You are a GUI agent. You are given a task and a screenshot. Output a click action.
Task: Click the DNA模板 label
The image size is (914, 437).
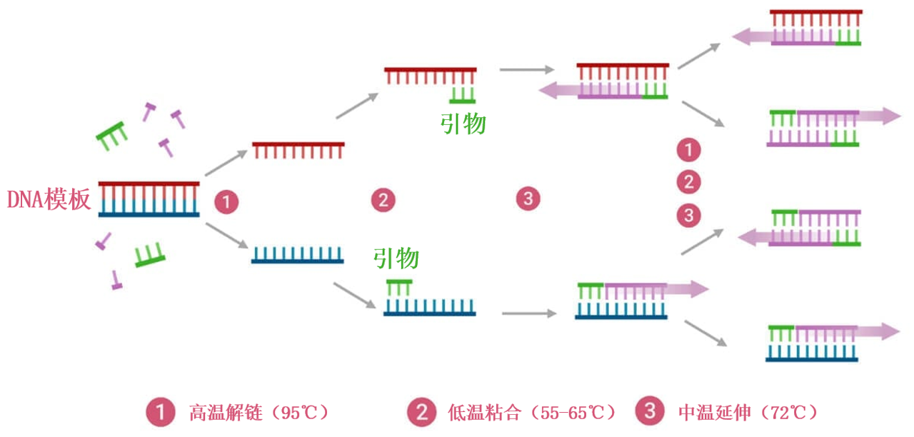coord(49,200)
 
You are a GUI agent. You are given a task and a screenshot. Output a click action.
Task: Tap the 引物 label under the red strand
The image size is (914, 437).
coord(463,124)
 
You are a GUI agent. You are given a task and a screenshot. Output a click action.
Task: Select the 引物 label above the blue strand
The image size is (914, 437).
coord(396,258)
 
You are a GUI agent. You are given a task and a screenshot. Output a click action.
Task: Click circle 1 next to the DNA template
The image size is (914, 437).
coord(226,202)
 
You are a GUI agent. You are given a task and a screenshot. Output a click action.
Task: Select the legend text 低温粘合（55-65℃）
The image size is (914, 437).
coord(531,413)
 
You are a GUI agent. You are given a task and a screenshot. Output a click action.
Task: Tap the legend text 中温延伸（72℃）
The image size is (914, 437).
coord(748,413)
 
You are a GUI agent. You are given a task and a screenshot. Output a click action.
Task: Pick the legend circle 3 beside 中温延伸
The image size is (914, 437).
coord(649,412)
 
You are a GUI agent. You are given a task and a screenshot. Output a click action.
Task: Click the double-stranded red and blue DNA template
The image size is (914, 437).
coord(149,199)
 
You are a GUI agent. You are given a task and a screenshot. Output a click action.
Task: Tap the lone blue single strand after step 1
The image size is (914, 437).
coord(298,255)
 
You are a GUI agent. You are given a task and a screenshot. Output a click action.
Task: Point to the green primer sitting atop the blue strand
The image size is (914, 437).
coord(399,287)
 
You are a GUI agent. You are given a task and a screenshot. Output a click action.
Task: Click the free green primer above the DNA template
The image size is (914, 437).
coord(112,135)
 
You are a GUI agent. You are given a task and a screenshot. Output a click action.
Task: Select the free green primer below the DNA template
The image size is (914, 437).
coord(150,255)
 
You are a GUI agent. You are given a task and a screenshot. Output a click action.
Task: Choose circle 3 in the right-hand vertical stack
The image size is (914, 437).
coord(688,215)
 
